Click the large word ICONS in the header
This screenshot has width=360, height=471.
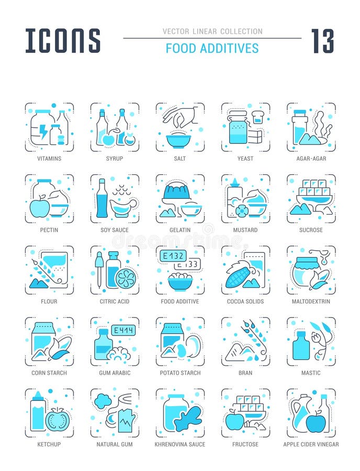pyautogui.click(x=63, y=40)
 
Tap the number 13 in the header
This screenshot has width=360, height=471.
pyautogui.click(x=322, y=41)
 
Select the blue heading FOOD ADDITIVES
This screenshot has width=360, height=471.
pyautogui.click(x=212, y=48)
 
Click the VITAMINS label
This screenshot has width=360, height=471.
pyautogui.click(x=49, y=159)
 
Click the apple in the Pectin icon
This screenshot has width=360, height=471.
pyautogui.click(x=39, y=208)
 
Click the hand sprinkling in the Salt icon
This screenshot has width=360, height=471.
pyautogui.click(x=181, y=114)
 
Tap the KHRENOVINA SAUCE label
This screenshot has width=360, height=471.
pyautogui.click(x=179, y=444)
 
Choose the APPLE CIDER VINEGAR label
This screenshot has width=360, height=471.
pyautogui.click(x=311, y=444)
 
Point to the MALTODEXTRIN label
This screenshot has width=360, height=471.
pyautogui.click(x=311, y=301)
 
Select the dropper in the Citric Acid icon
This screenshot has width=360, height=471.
pyautogui.click(x=98, y=268)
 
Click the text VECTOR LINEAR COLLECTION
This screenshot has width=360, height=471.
pyautogui.click(x=212, y=31)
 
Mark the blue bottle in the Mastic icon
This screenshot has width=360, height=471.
pyautogui.click(x=301, y=346)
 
